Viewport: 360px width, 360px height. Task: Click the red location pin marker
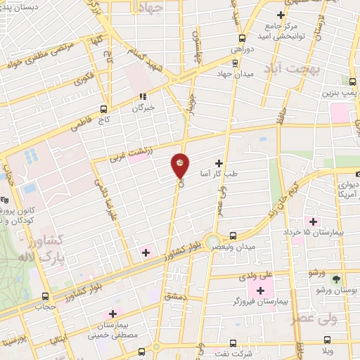pos(181,165)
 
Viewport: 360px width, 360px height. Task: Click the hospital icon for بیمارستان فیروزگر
pos(260,290)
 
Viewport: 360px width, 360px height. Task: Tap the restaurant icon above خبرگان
pos(143,96)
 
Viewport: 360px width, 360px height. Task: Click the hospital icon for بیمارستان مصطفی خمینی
pos(112,314)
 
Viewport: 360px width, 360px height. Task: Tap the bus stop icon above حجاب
pos(46,296)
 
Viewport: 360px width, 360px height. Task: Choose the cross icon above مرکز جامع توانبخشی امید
pos(281,15)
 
